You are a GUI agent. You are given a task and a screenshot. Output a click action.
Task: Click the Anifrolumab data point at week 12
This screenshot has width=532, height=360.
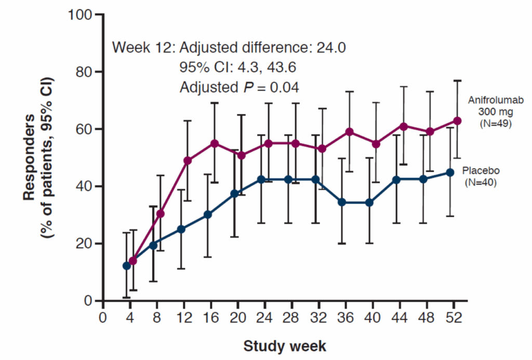tap(188, 161)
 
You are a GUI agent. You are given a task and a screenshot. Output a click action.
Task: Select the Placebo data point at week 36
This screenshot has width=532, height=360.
tap(342, 202)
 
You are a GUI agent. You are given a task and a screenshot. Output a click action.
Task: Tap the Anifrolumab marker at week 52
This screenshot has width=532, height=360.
tap(457, 121)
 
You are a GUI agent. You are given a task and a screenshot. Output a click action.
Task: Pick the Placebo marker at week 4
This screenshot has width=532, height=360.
tap(126, 265)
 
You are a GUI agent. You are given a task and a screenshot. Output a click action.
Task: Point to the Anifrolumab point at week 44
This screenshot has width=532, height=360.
tap(404, 126)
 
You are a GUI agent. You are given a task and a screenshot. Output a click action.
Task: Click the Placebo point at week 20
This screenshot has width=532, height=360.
tap(234, 193)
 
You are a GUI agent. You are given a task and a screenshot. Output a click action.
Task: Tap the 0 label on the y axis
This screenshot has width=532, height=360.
tap(89, 301)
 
